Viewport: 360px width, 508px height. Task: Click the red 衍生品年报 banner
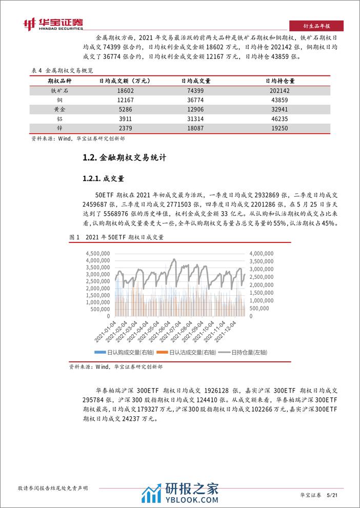316,26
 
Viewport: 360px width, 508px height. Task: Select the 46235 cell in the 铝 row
283,117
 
